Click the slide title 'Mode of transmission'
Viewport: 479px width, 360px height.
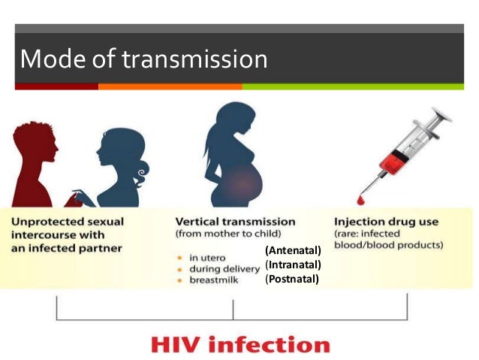click(x=143, y=59)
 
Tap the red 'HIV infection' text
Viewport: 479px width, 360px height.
click(x=240, y=345)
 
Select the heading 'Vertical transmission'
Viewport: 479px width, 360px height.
click(x=235, y=222)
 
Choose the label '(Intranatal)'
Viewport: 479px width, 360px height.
click(x=293, y=265)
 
